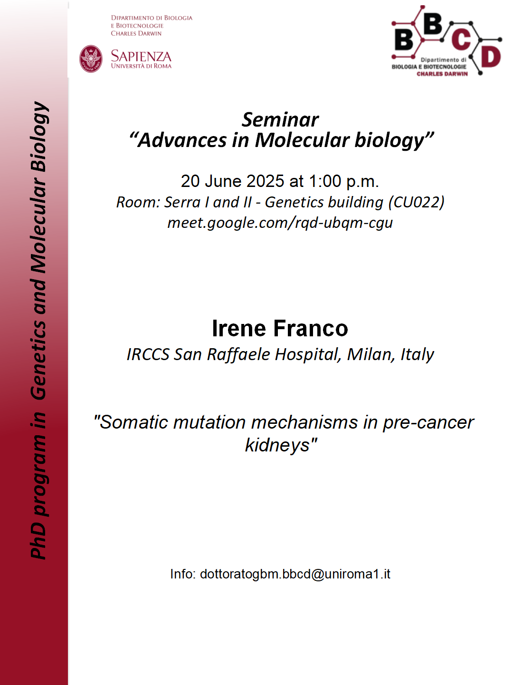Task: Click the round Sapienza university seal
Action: point(91,59)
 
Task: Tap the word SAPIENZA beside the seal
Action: point(141,56)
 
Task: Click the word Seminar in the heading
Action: point(280,119)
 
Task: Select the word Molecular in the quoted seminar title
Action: point(302,140)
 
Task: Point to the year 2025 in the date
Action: point(265,181)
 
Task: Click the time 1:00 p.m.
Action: point(344,182)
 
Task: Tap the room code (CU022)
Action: point(416,203)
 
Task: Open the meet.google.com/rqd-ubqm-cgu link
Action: point(280,223)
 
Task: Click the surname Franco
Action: point(311,328)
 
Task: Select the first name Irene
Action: point(239,328)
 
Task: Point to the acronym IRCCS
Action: point(148,354)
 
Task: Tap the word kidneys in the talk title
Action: point(277,445)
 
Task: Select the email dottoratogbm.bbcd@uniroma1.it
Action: point(295,574)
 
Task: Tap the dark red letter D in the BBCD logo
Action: point(491,57)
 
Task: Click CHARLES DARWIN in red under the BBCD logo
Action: point(442,74)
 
